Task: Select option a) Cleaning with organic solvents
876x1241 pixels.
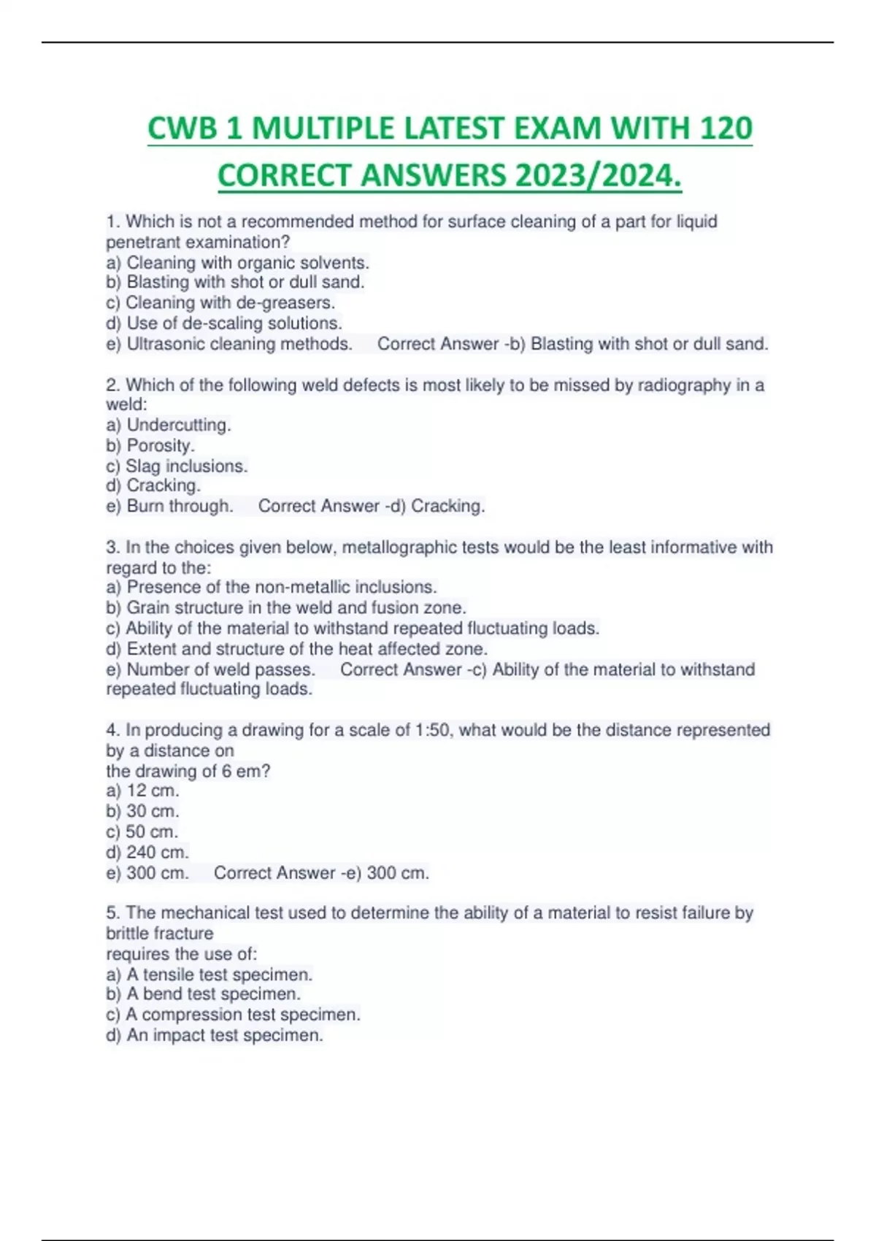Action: pos(237,262)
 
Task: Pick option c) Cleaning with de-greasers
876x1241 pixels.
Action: pos(220,302)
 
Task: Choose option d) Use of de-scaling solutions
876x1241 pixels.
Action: pos(224,323)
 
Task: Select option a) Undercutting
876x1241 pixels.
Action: pos(169,425)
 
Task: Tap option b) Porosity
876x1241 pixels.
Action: pos(150,445)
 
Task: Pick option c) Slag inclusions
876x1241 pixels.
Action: pos(177,466)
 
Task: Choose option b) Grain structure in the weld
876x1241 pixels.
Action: pos(286,607)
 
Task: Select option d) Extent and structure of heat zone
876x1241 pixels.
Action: pos(297,648)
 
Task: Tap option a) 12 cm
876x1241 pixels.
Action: pos(143,791)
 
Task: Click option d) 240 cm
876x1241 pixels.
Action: pos(147,852)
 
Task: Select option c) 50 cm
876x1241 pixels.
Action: pos(142,831)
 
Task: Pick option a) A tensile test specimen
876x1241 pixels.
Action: pos(210,974)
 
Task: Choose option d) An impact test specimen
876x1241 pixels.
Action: pos(215,1035)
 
